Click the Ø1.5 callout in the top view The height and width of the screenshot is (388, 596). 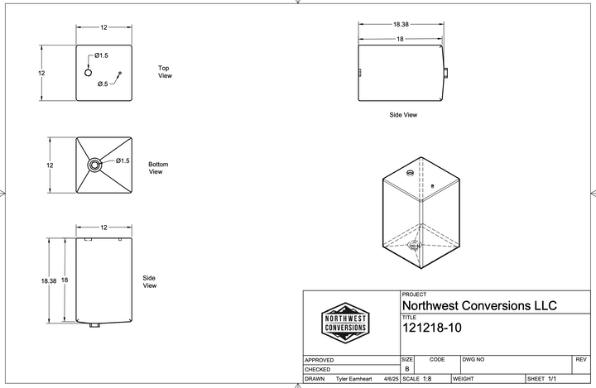pyautogui.click(x=100, y=55)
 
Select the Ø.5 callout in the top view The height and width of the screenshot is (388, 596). pyautogui.click(x=103, y=84)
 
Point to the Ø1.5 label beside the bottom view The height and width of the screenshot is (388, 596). pyautogui.click(x=123, y=160)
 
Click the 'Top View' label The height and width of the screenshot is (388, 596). pyautogui.click(x=165, y=72)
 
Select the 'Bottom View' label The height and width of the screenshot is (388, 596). pyautogui.click(x=158, y=168)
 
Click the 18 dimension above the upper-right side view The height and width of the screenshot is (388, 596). pyautogui.click(x=400, y=39)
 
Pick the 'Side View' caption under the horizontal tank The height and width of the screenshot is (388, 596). pyautogui.click(x=403, y=115)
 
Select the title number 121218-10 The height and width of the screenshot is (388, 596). pyautogui.click(x=431, y=328)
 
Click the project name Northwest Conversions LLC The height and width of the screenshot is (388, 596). pyautogui.click(x=479, y=305)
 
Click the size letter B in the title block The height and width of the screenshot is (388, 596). pyautogui.click(x=406, y=369)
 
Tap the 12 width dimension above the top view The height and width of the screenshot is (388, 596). pyautogui.click(x=104, y=28)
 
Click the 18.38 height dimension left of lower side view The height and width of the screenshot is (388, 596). pyautogui.click(x=48, y=281)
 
